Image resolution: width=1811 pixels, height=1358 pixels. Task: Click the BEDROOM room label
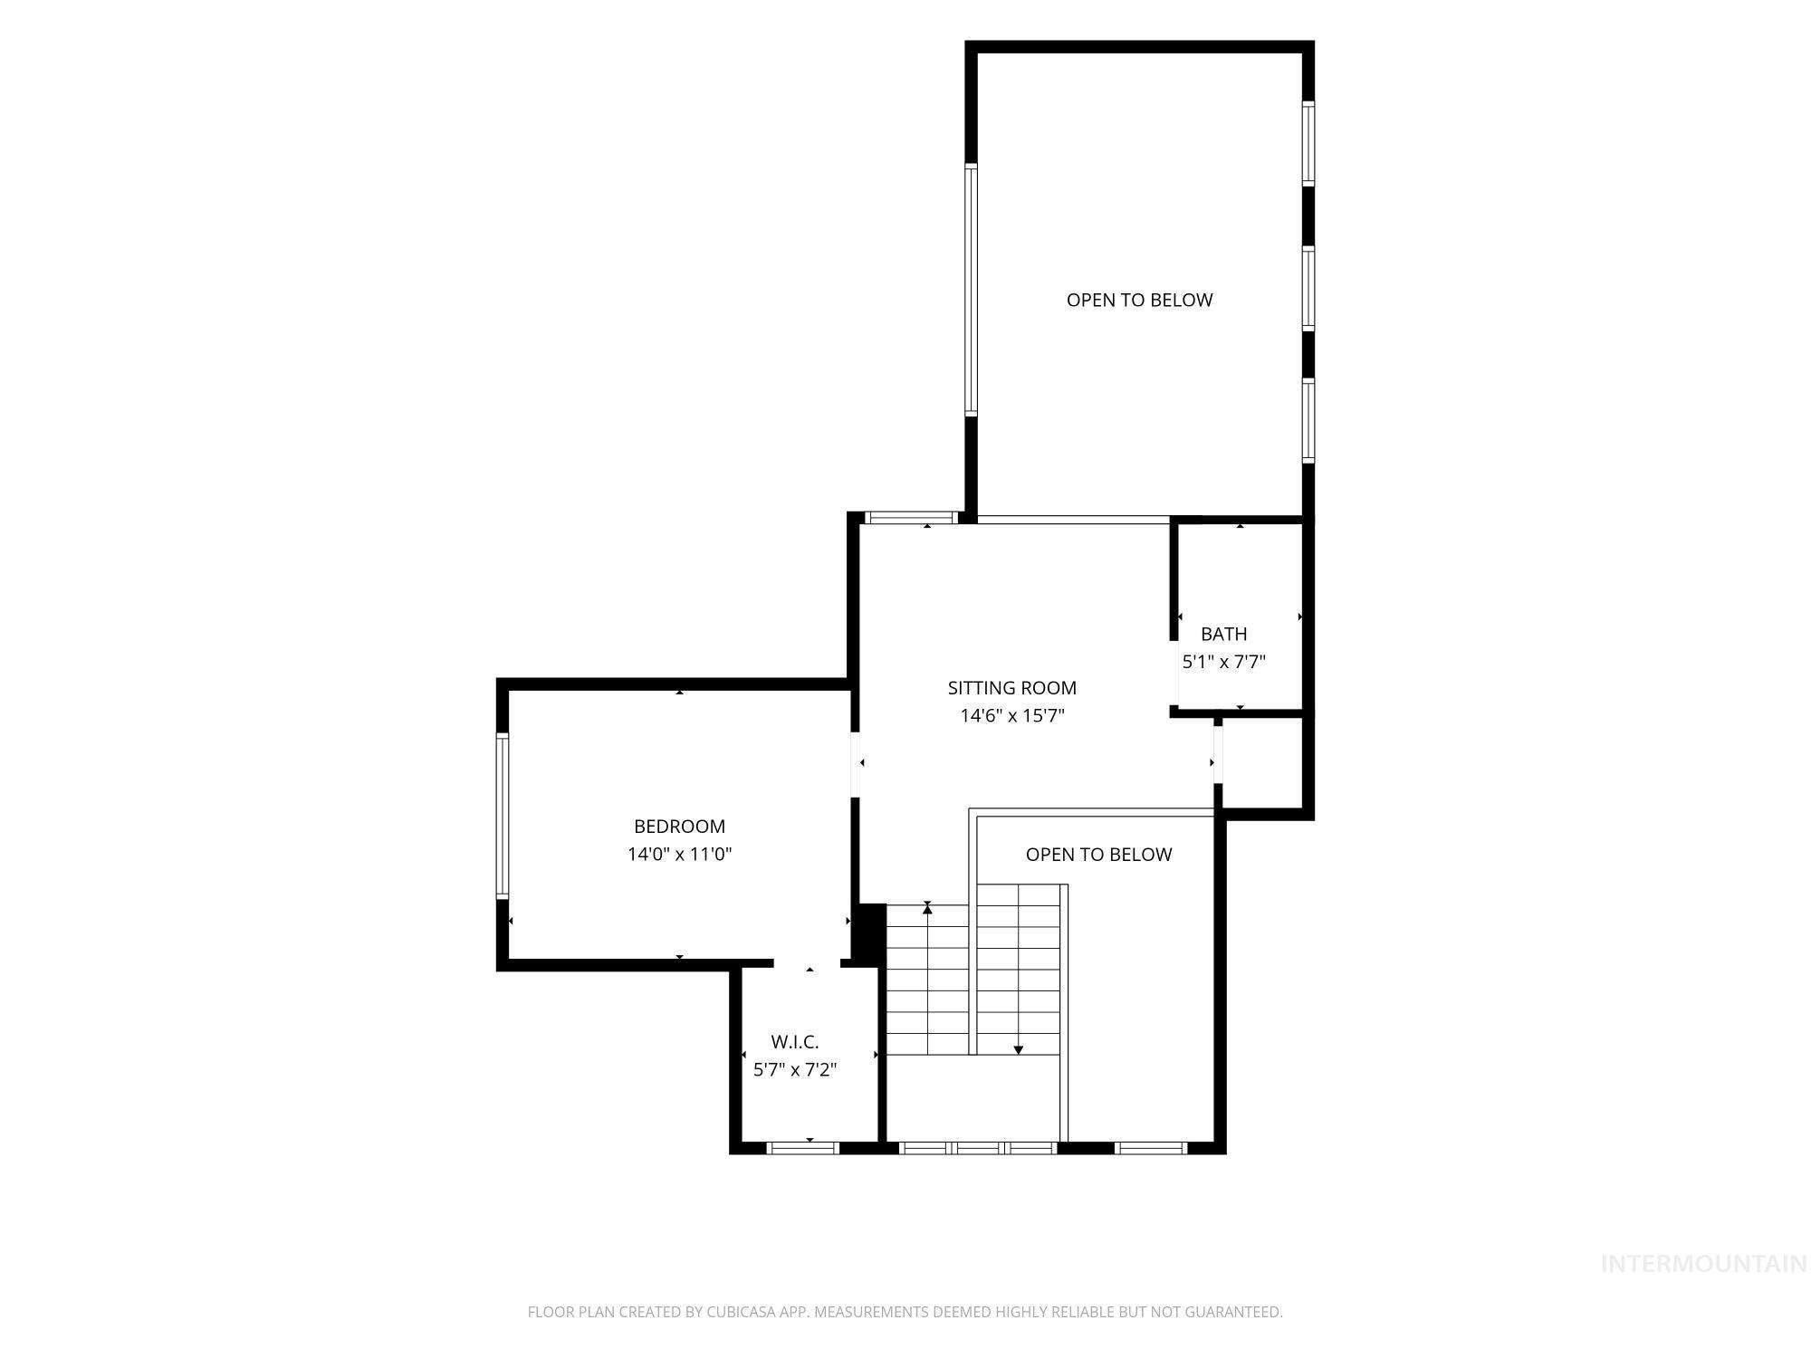[679, 827]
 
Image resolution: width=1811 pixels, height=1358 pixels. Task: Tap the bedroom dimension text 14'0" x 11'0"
[679, 854]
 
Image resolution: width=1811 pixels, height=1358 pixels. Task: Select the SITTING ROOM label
[1012, 688]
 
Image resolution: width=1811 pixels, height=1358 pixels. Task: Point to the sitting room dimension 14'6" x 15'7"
[1012, 716]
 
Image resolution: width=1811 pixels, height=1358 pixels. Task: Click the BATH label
[1224, 634]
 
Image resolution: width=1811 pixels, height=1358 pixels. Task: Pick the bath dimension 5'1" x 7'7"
[1224, 662]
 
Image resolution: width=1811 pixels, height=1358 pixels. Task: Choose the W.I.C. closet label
[795, 1042]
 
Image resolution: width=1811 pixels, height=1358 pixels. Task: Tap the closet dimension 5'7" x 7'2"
[795, 1070]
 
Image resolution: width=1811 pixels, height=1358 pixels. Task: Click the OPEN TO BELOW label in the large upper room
[1139, 301]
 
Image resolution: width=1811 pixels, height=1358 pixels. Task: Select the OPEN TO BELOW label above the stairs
[1099, 855]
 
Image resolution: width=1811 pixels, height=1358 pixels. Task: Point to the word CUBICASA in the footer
[746, 1312]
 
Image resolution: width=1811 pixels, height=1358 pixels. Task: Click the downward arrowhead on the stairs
[1019, 1050]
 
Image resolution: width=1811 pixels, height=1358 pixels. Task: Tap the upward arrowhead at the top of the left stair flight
[927, 907]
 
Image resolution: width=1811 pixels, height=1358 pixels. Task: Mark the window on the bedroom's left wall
[502, 816]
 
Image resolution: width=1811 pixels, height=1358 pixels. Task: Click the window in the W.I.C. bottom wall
[803, 1148]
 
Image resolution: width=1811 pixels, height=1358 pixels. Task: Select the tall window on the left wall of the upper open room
[972, 290]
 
